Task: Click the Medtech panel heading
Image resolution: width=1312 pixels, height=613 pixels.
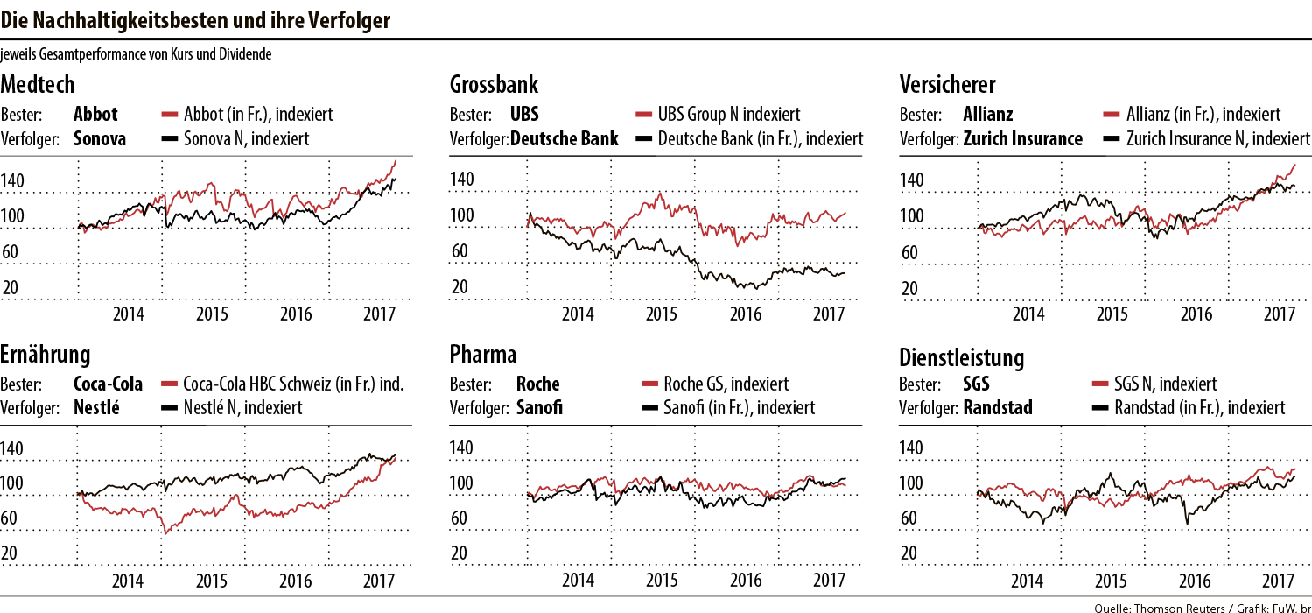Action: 38,85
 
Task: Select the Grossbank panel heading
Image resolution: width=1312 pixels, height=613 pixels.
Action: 494,85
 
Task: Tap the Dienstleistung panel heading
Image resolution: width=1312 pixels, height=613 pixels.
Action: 962,358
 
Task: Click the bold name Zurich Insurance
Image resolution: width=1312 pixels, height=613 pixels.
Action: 1023,138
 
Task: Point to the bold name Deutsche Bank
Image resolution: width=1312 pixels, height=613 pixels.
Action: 565,138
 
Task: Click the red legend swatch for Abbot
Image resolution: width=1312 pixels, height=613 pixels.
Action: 170,115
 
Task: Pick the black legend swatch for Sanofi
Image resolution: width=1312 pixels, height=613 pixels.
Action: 649,408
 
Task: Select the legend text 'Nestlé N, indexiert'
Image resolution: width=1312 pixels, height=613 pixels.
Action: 243,407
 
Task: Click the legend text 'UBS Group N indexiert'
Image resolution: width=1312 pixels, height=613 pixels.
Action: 729,115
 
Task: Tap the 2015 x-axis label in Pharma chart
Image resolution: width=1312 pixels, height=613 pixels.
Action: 662,580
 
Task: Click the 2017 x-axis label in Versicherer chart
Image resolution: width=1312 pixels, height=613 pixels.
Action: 1279,313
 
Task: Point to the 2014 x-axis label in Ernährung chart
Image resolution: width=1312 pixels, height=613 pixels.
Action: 128,580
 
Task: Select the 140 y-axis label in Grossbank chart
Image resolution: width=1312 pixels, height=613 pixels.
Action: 461,180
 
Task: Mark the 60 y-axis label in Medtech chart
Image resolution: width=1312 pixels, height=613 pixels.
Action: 12,253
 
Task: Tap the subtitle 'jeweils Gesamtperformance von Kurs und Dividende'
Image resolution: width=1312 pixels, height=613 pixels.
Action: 137,54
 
